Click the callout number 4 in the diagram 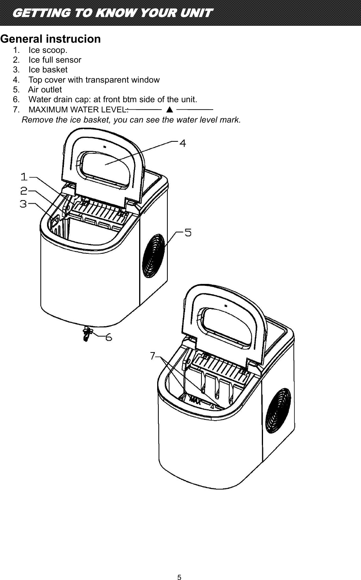(182, 143)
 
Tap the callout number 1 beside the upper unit (24, 177)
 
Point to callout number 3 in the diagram (24, 204)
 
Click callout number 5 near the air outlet (188, 233)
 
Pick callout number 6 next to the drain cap (109, 337)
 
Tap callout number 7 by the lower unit (152, 356)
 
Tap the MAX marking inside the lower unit (196, 401)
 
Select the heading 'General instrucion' (51, 39)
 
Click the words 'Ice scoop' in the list (47, 50)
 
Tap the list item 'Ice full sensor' (55, 60)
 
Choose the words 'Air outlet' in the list (45, 90)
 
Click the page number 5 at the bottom (179, 577)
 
